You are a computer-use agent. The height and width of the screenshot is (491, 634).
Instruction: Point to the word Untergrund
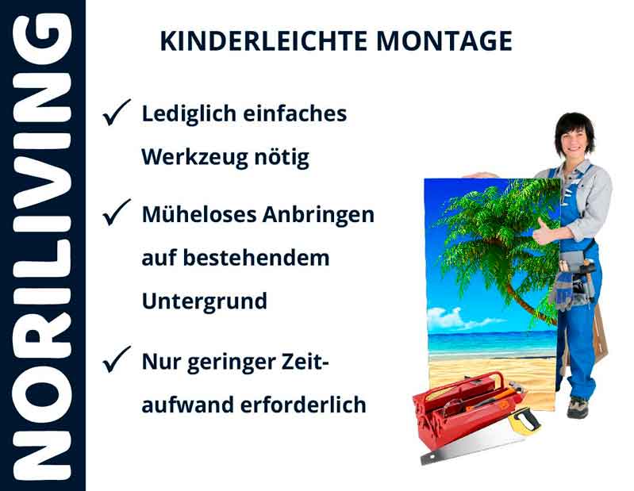[204, 302]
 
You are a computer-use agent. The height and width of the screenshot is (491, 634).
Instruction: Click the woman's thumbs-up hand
[545, 232]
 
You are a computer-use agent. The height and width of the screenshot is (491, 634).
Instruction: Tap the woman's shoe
[577, 408]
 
